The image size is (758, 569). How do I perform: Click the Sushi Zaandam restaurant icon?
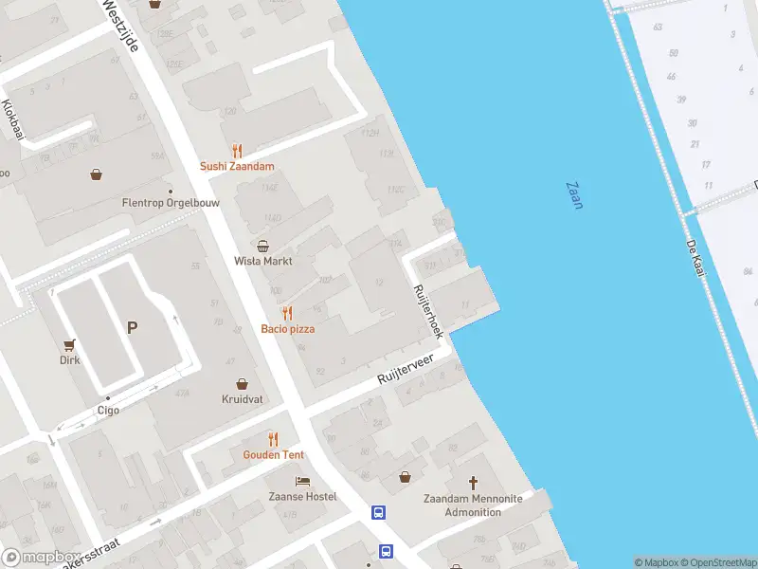237,151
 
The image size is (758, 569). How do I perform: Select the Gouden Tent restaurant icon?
274,438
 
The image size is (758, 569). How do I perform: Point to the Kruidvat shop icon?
244,384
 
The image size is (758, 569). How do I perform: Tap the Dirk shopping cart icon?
69,345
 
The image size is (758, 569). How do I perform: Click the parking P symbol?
133,328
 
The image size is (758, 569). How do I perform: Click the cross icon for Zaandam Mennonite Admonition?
474,483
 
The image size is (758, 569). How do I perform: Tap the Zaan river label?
574,196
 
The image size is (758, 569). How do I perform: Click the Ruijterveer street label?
405,368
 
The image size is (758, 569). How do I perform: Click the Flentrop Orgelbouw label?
167,203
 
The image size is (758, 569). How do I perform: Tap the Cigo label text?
108,411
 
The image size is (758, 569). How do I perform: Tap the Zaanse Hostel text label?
301,497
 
